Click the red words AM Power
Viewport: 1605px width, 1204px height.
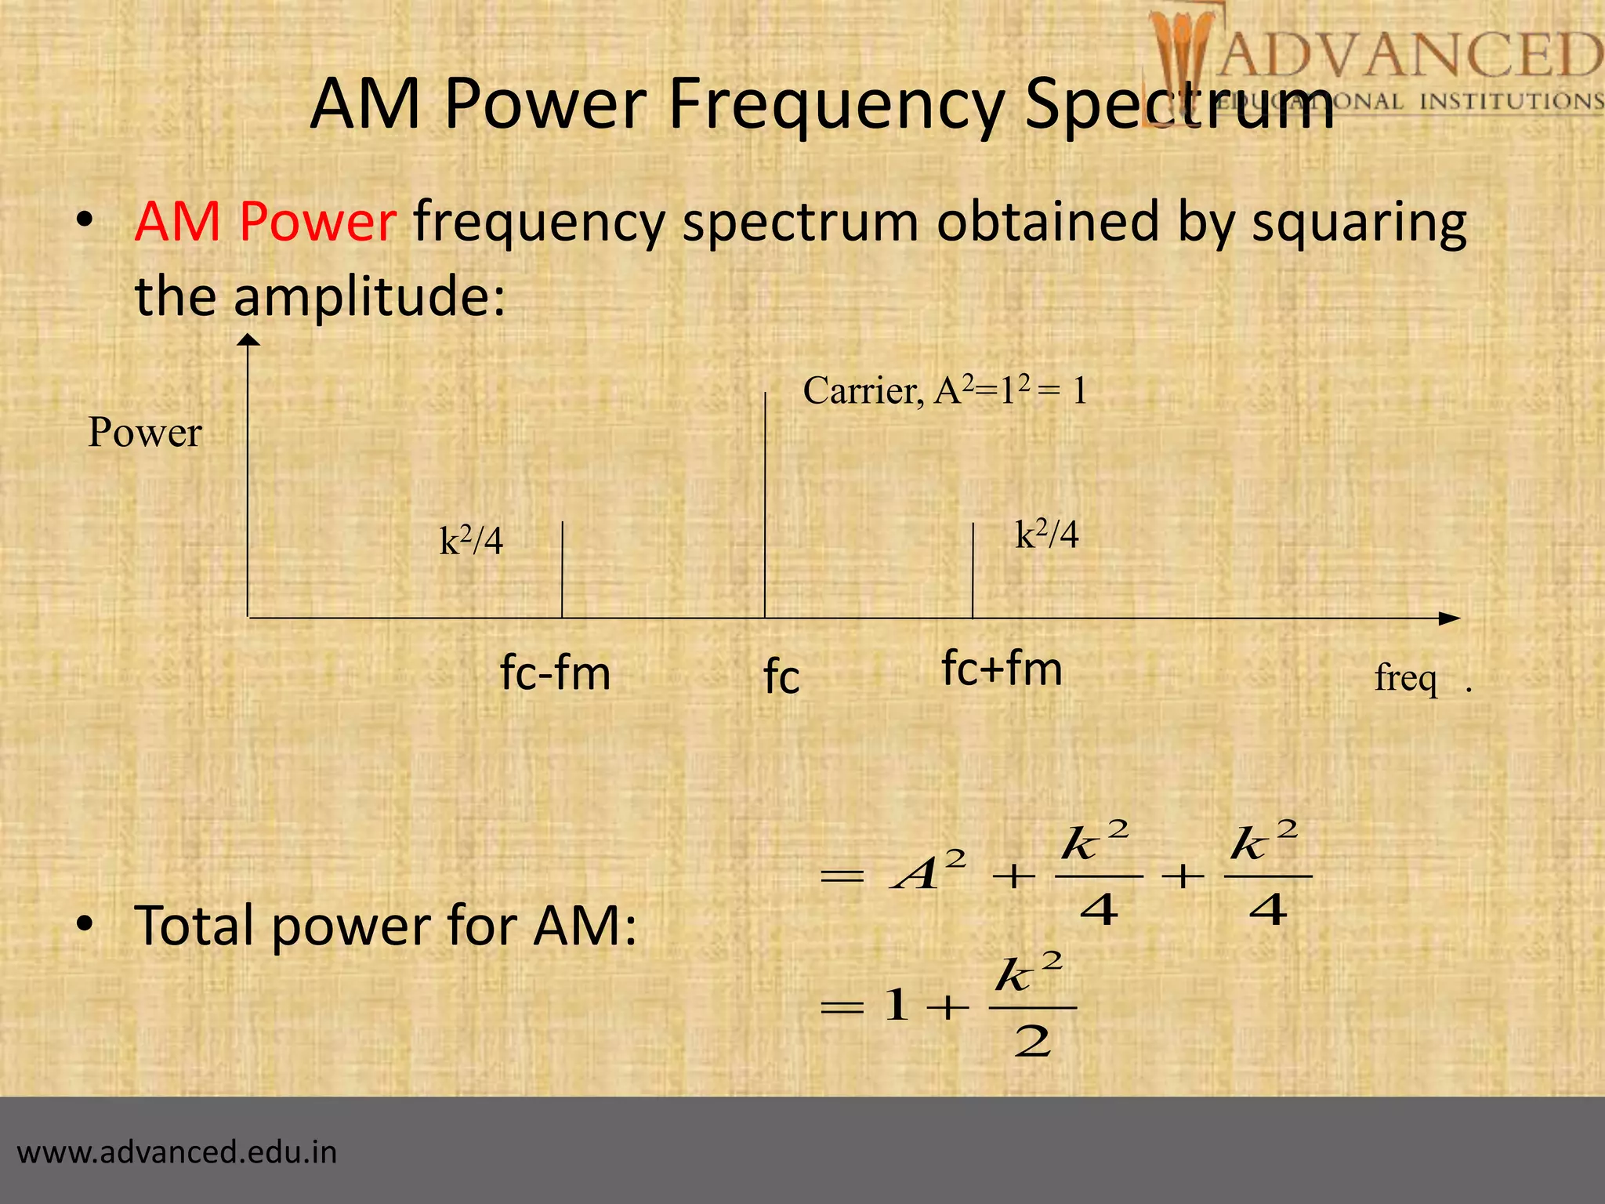tap(265, 222)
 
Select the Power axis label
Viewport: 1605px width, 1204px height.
tap(145, 433)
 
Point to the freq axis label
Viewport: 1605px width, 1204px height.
tap(1406, 678)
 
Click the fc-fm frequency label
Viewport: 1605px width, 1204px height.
tap(555, 673)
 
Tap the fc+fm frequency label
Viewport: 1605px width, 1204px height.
tap(1002, 669)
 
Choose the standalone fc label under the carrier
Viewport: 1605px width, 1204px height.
tap(781, 676)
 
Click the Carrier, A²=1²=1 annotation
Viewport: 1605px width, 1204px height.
tap(945, 390)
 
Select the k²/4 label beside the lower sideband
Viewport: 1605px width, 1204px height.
tap(471, 541)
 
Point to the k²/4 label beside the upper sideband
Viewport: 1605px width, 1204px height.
tap(1047, 535)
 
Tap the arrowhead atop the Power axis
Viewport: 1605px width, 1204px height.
tap(248, 340)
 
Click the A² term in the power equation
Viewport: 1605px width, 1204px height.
tap(929, 872)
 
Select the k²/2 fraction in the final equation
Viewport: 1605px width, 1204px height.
tap(1031, 1006)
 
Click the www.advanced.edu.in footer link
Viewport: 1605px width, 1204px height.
tap(177, 1152)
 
